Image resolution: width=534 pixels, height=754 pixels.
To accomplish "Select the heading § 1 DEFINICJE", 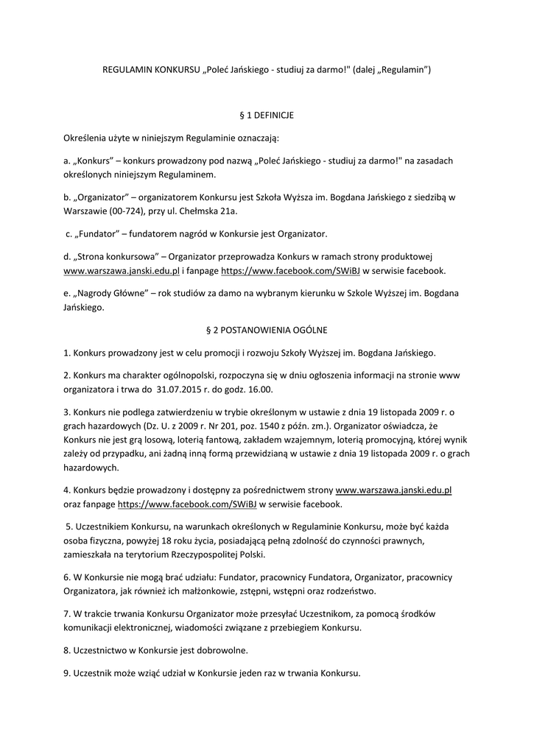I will (x=267, y=115).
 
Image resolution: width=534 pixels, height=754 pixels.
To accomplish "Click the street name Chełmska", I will (x=198, y=211).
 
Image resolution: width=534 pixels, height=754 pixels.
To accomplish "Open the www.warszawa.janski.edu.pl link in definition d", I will (x=122, y=271).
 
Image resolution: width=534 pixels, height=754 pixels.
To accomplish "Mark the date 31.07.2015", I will (x=181, y=389).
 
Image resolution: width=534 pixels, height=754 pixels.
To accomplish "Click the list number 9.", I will (x=66, y=673).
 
